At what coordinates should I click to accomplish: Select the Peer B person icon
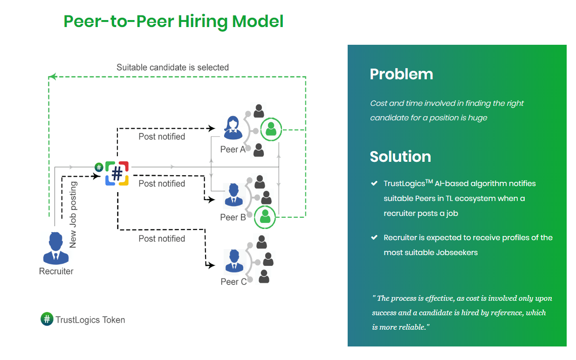click(233, 195)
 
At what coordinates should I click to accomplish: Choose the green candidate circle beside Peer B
click(265, 217)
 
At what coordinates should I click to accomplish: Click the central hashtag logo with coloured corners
click(117, 173)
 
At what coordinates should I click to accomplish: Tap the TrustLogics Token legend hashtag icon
click(47, 319)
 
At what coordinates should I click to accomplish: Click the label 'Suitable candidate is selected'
click(172, 67)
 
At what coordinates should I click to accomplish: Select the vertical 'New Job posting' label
click(73, 215)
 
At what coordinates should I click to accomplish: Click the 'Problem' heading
click(401, 74)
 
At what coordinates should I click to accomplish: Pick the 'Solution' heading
click(400, 156)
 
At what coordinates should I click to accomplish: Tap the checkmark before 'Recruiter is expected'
click(374, 237)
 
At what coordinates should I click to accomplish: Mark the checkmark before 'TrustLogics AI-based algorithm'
click(374, 183)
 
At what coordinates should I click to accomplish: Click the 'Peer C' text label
click(233, 282)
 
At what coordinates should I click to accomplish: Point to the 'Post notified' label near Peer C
click(162, 239)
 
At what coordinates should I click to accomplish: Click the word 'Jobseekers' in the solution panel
click(457, 252)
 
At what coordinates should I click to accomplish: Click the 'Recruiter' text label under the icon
click(56, 271)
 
